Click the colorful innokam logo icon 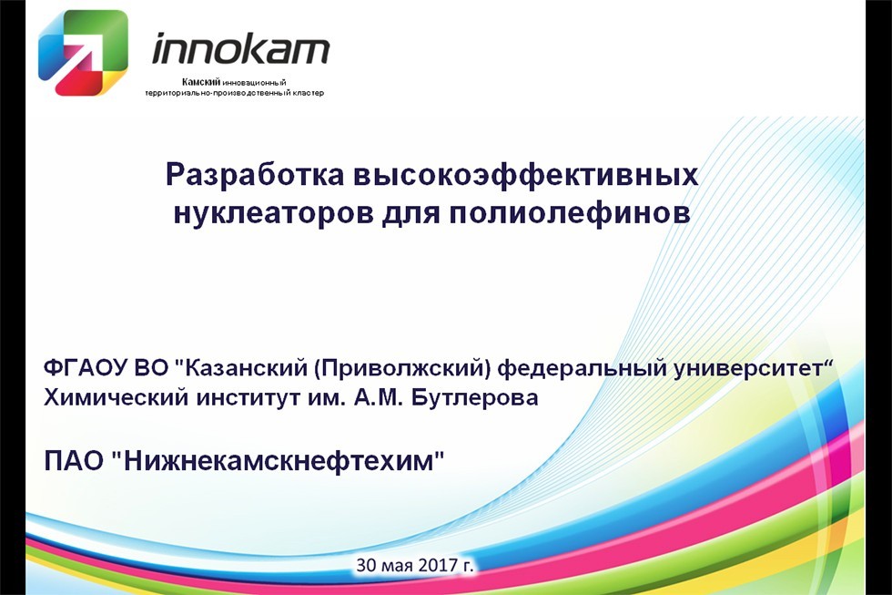[x=82, y=52]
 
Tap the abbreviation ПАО [x=73, y=460]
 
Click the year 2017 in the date [x=441, y=565]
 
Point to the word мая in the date [x=400, y=566]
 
